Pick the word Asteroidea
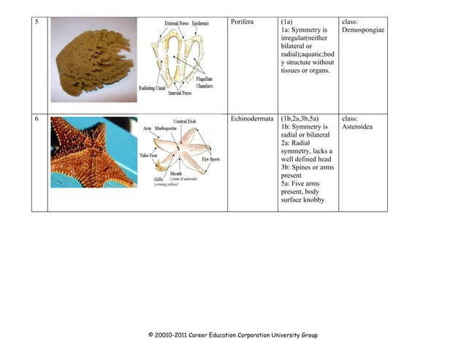[358, 127]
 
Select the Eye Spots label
[210, 158]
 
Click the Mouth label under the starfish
[177, 173]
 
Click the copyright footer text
[232, 335]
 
